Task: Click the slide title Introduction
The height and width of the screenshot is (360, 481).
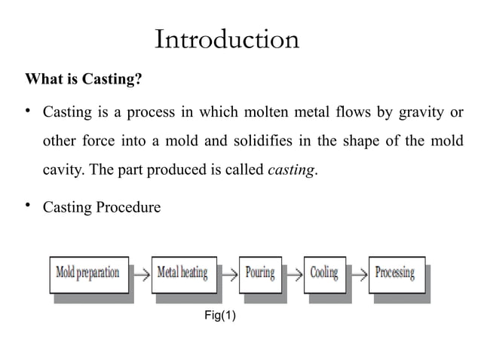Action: (226, 39)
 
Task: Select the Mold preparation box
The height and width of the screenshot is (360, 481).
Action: (88, 273)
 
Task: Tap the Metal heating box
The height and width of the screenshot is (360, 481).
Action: (182, 273)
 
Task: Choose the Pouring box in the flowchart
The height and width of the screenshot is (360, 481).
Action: (260, 273)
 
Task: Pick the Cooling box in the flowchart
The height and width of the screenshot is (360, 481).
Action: (324, 273)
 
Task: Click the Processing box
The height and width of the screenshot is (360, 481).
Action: (395, 273)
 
